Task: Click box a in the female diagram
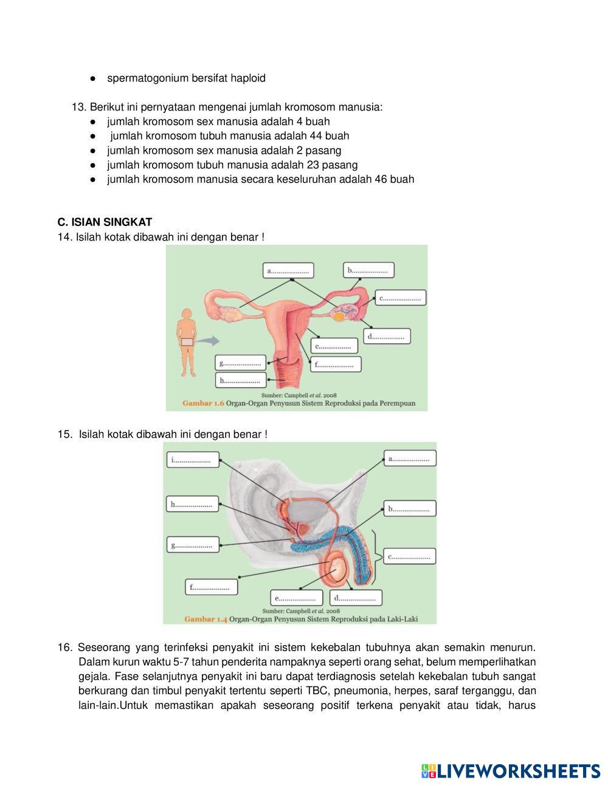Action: tap(289, 271)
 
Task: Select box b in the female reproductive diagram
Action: tap(368, 270)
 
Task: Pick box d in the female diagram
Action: tap(387, 337)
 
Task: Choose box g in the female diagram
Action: tap(241, 363)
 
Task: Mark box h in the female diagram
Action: tap(241, 381)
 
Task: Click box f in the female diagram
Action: tap(336, 364)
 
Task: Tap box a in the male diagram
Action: tap(410, 459)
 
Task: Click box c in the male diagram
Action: tap(410, 556)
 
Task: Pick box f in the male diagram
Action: tap(211, 587)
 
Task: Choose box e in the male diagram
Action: tap(296, 598)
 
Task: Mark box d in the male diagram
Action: tap(356, 598)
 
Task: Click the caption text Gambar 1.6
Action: tap(204, 403)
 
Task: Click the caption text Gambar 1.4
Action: tap(206, 619)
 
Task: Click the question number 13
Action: tap(79, 107)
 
